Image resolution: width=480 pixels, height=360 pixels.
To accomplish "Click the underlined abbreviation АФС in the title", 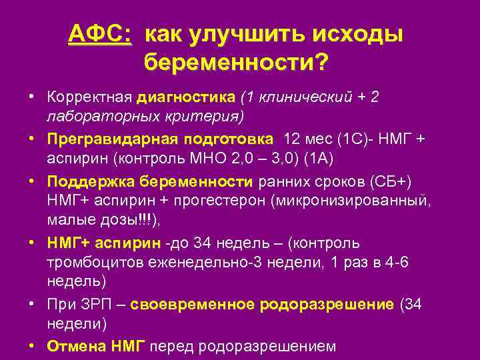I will click(x=99, y=34).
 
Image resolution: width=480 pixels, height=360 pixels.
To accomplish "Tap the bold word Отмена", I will click(x=73, y=346).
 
